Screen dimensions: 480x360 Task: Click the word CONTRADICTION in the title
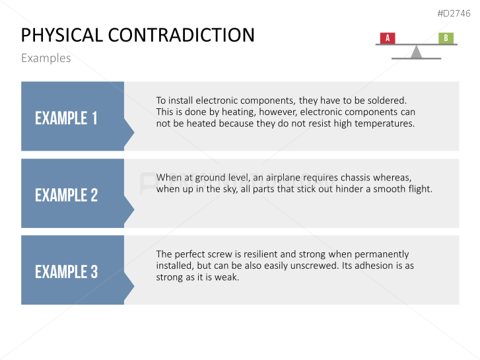[x=181, y=35]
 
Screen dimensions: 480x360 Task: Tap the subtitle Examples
[x=46, y=58]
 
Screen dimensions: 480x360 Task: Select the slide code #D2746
[x=454, y=13]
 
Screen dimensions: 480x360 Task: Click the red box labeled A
[x=388, y=38]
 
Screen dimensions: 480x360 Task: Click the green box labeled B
[x=446, y=38]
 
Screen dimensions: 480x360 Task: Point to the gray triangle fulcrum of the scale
[x=417, y=52]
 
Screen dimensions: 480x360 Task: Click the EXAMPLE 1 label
[x=66, y=118]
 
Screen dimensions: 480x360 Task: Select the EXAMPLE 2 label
[x=67, y=195]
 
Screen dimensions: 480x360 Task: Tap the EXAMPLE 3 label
[x=67, y=271]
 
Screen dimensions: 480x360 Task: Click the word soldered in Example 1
[x=387, y=100]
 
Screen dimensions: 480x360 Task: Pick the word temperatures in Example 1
[x=385, y=124]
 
